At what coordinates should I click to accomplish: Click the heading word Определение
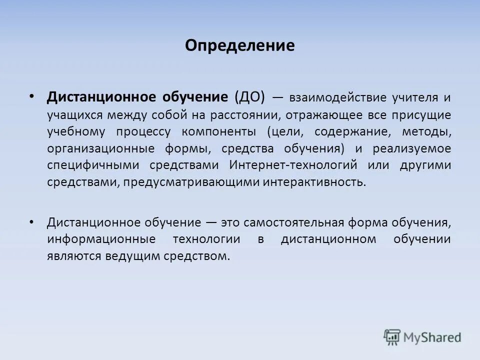point(239,46)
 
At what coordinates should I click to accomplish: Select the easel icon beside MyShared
point(392,337)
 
